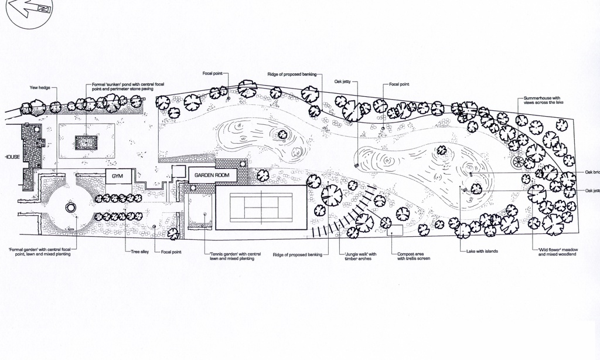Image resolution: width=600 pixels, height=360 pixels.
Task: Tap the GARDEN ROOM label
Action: coord(212,175)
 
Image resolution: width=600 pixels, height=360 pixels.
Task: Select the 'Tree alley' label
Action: coord(139,252)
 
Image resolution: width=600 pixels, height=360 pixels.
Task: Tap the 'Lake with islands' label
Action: coord(475,252)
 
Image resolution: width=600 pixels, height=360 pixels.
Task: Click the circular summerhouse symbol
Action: coord(518,161)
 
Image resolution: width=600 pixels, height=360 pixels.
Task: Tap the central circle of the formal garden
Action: coord(70,207)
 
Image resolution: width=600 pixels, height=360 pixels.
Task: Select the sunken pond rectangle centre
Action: coord(87,141)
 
